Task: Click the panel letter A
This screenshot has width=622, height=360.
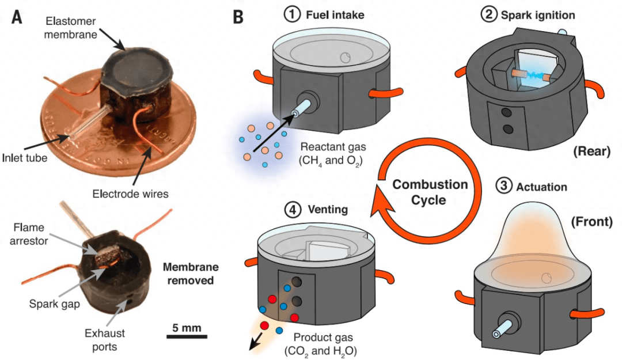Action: click(17, 17)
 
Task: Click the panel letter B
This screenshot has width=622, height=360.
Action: click(238, 17)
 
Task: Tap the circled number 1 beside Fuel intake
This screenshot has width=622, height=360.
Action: click(292, 14)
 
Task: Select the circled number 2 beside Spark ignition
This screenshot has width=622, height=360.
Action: click(488, 14)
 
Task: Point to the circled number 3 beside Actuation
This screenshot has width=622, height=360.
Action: click(504, 185)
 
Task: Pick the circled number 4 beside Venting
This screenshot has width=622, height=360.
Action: click(293, 209)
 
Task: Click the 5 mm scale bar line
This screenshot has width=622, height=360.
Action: click(187, 336)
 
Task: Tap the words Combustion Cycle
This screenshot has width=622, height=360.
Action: click(430, 192)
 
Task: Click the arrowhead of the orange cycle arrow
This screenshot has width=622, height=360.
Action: click(382, 202)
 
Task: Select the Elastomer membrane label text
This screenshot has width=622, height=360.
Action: click(71, 28)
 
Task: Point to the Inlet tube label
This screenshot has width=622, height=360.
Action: click(25, 158)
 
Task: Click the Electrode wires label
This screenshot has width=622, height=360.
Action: click(130, 194)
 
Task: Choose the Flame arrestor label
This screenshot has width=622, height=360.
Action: click(29, 234)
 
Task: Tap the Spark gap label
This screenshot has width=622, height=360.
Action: click(54, 304)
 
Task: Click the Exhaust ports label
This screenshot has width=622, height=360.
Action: click(105, 340)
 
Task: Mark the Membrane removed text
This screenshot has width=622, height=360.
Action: click(191, 274)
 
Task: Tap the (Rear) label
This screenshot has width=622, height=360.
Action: click(591, 151)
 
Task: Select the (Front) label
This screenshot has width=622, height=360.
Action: click(591, 222)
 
